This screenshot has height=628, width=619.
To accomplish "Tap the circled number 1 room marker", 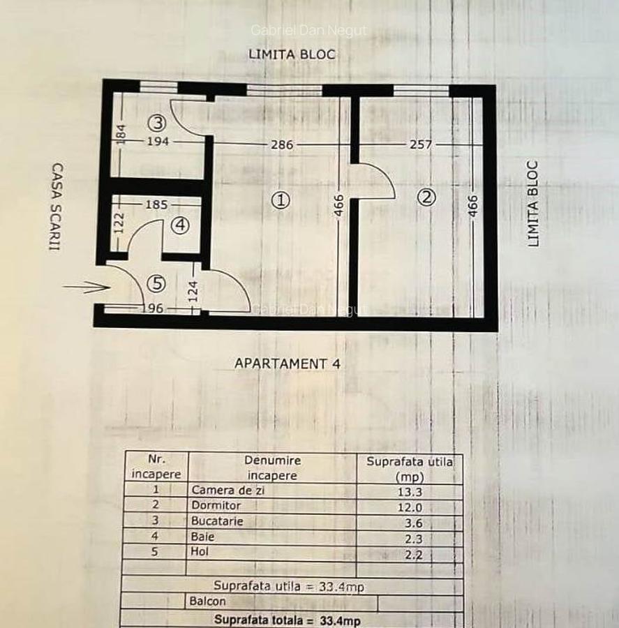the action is click(281, 200).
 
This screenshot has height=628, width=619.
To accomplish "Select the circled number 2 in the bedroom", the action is click(426, 197).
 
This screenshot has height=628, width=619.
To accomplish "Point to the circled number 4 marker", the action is click(180, 225).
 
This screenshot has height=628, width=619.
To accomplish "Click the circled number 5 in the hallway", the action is click(156, 283).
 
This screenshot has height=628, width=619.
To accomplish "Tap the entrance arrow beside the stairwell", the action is click(86, 287).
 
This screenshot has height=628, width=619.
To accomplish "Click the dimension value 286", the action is click(282, 144).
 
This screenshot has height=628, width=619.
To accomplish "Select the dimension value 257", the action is click(421, 144).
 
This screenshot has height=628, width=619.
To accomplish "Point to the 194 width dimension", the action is click(158, 141).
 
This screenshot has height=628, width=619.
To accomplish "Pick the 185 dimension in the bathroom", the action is click(156, 204).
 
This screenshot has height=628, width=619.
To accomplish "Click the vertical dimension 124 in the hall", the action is click(193, 291).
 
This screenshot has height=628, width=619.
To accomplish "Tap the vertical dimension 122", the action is click(119, 223).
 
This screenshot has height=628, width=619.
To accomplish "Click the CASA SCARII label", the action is click(57, 207).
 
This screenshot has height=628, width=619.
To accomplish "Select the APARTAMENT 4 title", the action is click(288, 364).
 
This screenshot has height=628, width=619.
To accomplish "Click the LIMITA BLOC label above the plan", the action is click(292, 54).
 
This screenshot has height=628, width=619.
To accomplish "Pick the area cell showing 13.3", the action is click(410, 492).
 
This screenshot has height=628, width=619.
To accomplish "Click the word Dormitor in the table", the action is click(216, 505).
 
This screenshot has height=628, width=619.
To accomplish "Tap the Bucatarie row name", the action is click(217, 521).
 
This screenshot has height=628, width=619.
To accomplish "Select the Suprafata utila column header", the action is click(410, 469).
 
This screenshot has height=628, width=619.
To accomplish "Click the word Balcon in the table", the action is click(207, 601).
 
